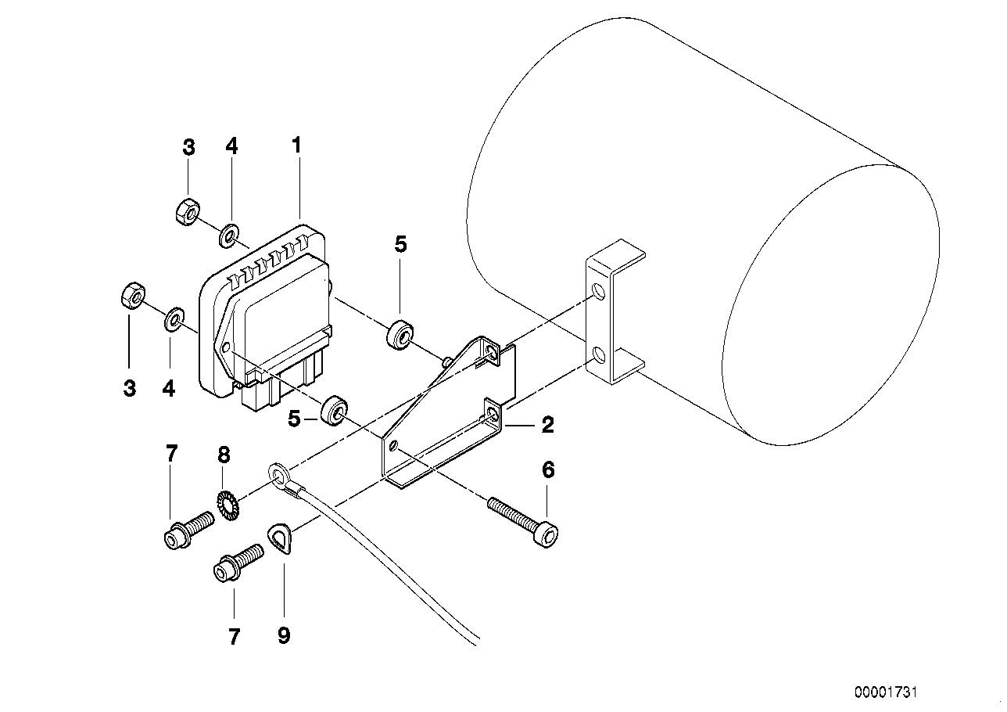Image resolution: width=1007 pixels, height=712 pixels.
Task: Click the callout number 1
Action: (296, 146)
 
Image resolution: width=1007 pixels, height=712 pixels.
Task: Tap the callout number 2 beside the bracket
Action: (547, 425)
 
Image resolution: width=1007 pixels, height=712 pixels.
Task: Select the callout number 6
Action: (547, 470)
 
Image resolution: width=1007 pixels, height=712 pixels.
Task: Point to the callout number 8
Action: (224, 454)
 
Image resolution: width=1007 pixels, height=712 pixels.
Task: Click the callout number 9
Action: (283, 635)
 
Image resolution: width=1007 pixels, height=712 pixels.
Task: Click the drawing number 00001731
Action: (886, 692)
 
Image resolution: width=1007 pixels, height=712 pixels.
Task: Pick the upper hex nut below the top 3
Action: (188, 210)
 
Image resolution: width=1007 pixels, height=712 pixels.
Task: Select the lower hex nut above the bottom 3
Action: (131, 297)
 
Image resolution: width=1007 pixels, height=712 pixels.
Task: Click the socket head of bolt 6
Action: (550, 535)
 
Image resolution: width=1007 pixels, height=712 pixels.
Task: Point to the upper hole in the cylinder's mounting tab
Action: (598, 293)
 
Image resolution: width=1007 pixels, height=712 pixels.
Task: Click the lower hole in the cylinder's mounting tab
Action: (598, 356)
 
